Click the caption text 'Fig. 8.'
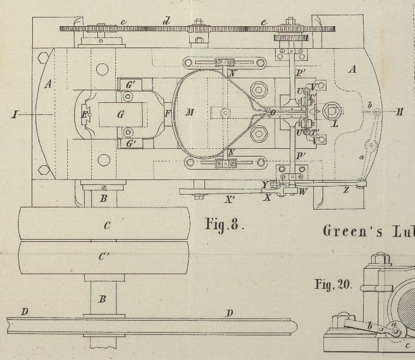[224, 224]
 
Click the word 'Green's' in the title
[344, 230]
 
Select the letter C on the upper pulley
[107, 225]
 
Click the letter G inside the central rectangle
[121, 114]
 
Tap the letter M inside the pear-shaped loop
[189, 113]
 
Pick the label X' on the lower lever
[230, 200]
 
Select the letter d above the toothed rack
[167, 21]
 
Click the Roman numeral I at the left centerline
[14, 114]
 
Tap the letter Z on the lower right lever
[346, 190]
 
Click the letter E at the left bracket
[84, 115]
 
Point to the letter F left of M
[167, 113]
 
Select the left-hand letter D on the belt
[24, 312]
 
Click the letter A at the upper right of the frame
[353, 69]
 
